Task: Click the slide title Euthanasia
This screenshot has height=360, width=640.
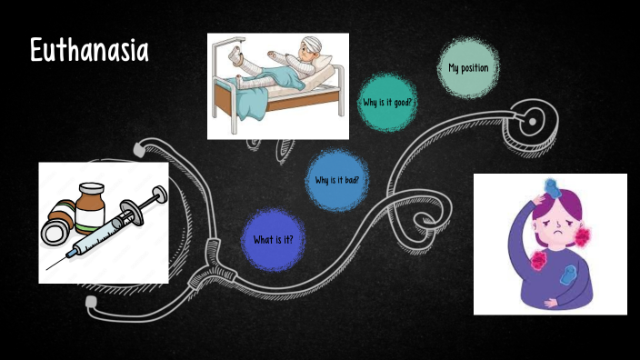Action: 88,52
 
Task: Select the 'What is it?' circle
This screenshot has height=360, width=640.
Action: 274,240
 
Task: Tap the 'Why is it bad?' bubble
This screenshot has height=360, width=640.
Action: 336,180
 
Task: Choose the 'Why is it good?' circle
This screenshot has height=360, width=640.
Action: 387,102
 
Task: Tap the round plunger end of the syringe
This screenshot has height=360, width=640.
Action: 161,193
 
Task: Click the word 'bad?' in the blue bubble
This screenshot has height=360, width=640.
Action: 350,180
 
